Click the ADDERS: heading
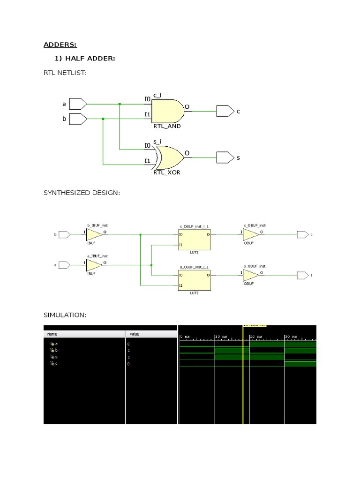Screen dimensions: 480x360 (60, 45)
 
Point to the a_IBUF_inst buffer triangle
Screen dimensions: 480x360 (95, 265)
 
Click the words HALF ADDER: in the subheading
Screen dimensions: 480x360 (90, 58)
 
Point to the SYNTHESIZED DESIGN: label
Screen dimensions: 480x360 (82, 193)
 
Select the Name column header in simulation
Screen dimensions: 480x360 (52, 334)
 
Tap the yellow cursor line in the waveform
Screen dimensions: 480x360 (243, 375)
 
